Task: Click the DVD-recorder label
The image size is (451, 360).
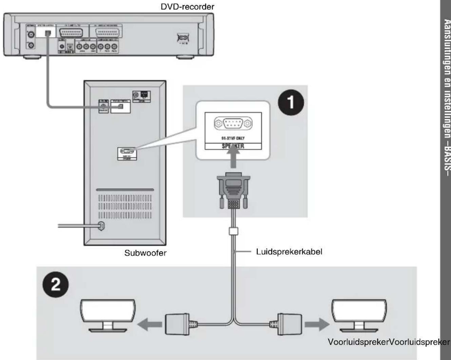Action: tap(187, 6)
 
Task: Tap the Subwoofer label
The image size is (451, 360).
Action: tap(145, 253)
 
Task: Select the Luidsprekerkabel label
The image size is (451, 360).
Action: tap(289, 252)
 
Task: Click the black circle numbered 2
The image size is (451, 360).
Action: tap(55, 284)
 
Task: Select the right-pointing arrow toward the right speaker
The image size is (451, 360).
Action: tap(317, 324)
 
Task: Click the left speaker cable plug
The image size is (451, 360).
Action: tap(177, 324)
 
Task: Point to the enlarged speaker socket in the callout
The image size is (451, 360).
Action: tap(233, 123)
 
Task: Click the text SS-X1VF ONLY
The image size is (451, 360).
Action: tap(233, 138)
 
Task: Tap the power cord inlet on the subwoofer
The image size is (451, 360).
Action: tap(101, 226)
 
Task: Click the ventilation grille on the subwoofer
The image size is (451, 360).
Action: tap(125, 206)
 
